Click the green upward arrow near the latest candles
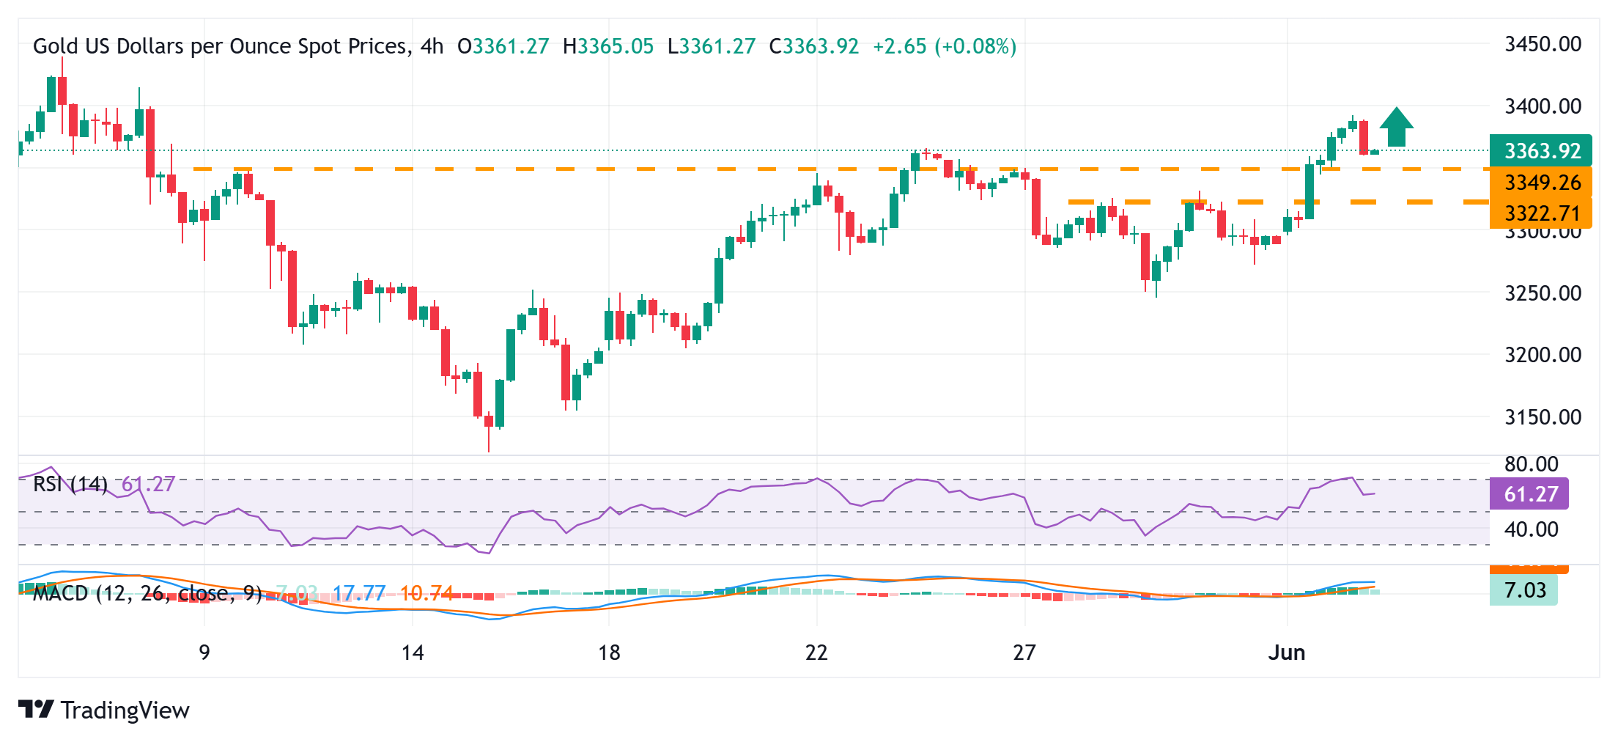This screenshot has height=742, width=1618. coord(1397,128)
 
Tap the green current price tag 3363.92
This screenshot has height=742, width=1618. coord(1540,151)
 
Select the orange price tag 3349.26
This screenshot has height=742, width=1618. coord(1540,183)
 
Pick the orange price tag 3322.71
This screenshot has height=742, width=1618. coord(1540,213)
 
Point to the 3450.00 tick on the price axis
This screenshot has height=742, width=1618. coord(1543,44)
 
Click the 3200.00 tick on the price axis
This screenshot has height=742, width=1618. coord(1543,355)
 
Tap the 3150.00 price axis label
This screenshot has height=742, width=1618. coord(1543,417)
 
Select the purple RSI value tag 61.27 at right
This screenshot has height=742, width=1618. coord(1529,494)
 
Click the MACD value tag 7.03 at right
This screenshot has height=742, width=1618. coord(1523,590)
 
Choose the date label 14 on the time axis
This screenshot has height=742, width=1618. coord(413,653)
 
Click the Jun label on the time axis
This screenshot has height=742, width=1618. coord(1287,653)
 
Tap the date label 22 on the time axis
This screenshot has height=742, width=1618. coord(816,653)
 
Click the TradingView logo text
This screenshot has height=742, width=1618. coord(125,710)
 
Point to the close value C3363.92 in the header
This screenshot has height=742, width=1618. coord(813,46)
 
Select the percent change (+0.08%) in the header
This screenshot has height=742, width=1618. coord(975,46)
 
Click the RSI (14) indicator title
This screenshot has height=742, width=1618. coord(70,484)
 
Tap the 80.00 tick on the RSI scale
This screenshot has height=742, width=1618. coord(1531,464)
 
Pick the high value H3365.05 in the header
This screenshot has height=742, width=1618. coord(607,46)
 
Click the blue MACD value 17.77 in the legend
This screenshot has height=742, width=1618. coord(359,593)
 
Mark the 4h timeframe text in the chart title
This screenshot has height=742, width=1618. coord(432,46)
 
